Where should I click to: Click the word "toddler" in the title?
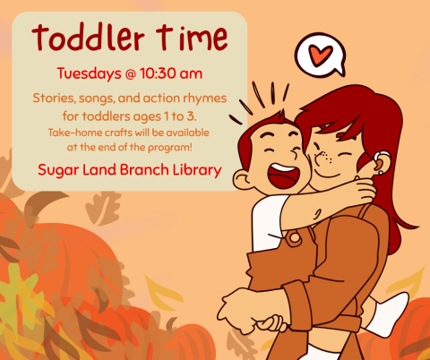coord(86,39)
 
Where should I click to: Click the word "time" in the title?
coord(186,39)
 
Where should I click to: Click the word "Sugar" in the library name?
coord(59,169)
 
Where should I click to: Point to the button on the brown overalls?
coord(293,239)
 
